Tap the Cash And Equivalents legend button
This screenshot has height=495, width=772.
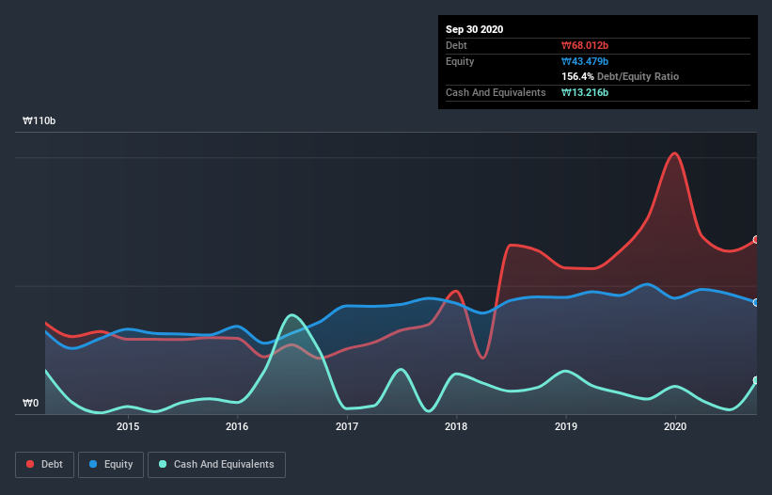coord(216,464)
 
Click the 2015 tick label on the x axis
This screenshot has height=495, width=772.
coord(128,426)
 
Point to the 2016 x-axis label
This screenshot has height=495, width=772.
coord(237,426)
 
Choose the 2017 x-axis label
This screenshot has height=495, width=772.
coord(347,426)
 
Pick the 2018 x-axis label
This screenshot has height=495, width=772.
coord(456,426)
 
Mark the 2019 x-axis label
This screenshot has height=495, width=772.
coord(566,426)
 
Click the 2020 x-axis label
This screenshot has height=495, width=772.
coord(675,426)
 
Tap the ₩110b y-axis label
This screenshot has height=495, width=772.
coord(39,121)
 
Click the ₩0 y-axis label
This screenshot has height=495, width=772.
coord(31,404)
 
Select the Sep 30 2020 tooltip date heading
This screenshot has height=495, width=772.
coord(474,29)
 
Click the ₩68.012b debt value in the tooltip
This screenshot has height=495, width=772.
coord(585,45)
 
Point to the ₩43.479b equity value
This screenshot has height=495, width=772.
coord(585,61)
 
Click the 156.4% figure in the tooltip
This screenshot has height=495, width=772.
coord(578,76)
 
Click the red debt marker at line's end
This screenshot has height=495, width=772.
coord(756,240)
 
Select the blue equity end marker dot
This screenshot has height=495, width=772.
coord(756,302)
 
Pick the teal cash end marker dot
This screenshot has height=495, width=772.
coord(756,380)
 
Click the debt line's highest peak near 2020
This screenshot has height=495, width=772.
coord(673,152)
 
